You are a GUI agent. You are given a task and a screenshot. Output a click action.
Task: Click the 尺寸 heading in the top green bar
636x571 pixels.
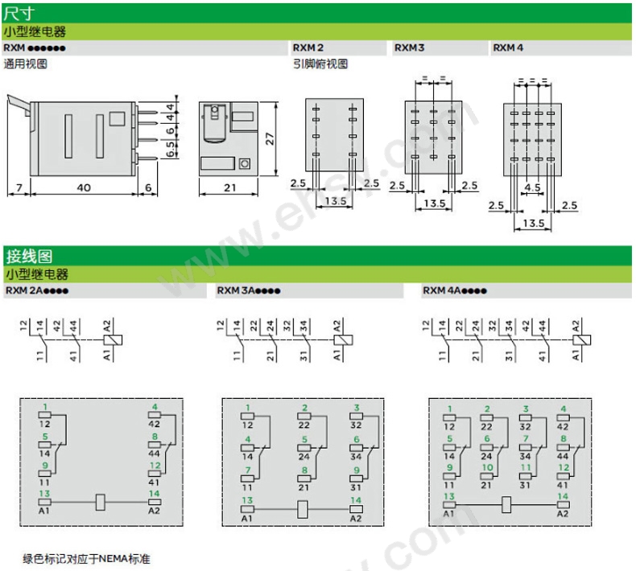click(x=19, y=14)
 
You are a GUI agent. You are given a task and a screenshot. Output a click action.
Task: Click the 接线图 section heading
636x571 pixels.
click(x=29, y=256)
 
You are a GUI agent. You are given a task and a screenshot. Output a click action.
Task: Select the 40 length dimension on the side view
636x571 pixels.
click(x=84, y=187)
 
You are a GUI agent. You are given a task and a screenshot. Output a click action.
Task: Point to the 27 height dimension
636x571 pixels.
click(x=270, y=139)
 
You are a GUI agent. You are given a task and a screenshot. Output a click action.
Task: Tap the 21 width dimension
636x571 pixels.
click(x=230, y=187)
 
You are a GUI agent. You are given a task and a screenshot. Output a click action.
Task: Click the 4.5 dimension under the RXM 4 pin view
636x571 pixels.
click(x=532, y=187)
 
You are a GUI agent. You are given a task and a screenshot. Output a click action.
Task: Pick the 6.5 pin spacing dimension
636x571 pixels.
click(x=171, y=149)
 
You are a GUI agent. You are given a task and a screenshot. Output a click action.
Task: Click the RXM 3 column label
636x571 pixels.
click(x=409, y=47)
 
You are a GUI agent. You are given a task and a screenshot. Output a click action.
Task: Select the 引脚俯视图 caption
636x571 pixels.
click(x=320, y=64)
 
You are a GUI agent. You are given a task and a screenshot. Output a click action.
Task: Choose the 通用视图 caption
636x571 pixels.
click(x=26, y=64)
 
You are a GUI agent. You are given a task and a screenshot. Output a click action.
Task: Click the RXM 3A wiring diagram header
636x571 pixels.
click(x=249, y=290)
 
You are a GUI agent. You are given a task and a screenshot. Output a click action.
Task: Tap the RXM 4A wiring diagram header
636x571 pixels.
click(x=455, y=290)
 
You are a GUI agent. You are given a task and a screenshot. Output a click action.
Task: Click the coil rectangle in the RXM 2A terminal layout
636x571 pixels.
click(x=101, y=503)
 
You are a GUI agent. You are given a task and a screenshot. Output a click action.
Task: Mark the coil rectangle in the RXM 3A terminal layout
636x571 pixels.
click(x=302, y=509)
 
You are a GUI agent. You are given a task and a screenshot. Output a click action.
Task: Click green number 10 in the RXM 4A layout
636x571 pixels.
click(x=487, y=467)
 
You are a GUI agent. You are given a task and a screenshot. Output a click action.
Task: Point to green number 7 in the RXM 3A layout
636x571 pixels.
click(x=248, y=470)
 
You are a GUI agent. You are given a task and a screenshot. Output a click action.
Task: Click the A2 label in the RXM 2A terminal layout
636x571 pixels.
click(x=154, y=511)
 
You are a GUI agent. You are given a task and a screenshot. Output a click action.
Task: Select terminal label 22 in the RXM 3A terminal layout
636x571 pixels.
click(x=304, y=425)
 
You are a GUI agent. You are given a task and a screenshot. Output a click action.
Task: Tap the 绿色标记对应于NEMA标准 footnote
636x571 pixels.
click(x=86, y=559)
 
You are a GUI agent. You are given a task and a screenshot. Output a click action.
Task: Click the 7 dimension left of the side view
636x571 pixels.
click(x=19, y=187)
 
